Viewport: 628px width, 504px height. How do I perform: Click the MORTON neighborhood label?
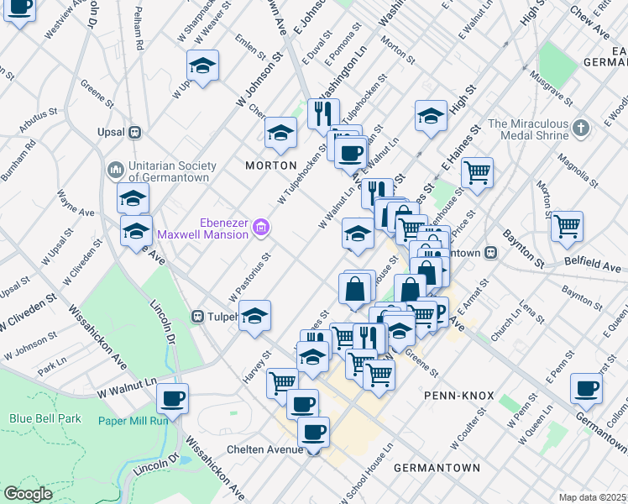coord(270,165)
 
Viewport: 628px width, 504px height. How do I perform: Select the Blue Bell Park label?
coord(41,417)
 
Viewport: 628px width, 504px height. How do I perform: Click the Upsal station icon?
coord(133,133)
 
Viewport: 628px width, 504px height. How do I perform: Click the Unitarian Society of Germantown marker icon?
coord(115,170)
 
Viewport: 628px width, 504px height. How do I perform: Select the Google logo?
coord(28,494)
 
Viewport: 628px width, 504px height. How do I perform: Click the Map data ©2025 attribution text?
coord(592,497)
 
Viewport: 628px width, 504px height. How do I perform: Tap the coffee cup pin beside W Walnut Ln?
coord(172,398)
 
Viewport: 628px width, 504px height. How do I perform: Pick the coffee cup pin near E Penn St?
coord(586,388)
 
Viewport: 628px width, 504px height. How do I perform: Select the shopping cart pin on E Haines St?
coord(477,173)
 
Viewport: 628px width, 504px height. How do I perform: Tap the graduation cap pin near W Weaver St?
coord(202,65)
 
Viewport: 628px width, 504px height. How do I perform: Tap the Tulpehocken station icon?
coord(197,317)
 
